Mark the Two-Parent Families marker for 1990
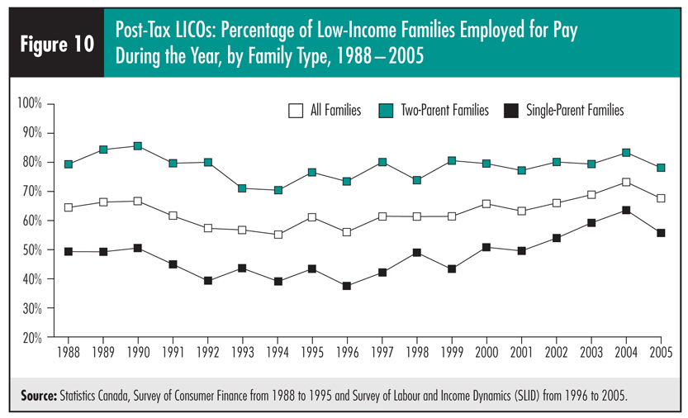tap(138, 146)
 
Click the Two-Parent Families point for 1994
tap(278, 190)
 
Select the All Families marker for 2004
tap(626, 182)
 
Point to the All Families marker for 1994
tap(278, 235)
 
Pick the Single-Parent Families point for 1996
tap(347, 286)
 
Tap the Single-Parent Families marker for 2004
tap(626, 210)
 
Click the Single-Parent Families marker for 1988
tap(68, 251)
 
